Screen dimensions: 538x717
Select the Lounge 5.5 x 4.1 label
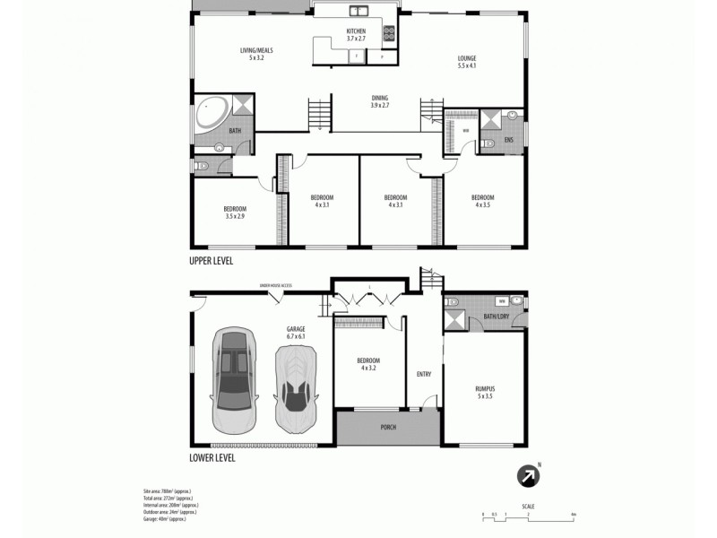[466, 62]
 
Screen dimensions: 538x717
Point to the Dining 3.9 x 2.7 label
[380, 101]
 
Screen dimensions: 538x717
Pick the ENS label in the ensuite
[508, 140]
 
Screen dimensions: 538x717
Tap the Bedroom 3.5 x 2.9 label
[235, 213]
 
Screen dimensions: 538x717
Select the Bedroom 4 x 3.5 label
[484, 201]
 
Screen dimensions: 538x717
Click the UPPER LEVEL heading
[212, 261]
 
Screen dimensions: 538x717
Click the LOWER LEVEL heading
[212, 456]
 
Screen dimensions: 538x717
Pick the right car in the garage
[296, 387]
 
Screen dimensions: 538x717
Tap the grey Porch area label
[388, 427]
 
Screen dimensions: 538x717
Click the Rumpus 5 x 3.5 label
[485, 392]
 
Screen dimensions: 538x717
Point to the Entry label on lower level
[425, 375]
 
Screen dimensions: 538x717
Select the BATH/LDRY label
[496, 316]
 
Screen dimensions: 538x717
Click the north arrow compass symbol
[527, 476]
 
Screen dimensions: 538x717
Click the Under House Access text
[275, 285]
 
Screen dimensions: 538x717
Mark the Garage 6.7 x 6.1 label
[296, 333]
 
